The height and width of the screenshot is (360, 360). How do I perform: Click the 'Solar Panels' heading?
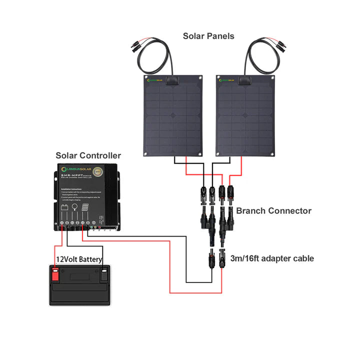point(208,36)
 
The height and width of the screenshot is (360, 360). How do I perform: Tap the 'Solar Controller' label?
point(88,156)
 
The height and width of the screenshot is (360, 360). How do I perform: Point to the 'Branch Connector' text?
point(273,210)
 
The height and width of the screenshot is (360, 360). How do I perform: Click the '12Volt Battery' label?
point(79,259)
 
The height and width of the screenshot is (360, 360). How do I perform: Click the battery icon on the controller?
point(64,206)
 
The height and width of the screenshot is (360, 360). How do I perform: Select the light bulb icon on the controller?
point(74,206)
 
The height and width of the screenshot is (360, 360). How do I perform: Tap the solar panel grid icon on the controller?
point(85,206)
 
